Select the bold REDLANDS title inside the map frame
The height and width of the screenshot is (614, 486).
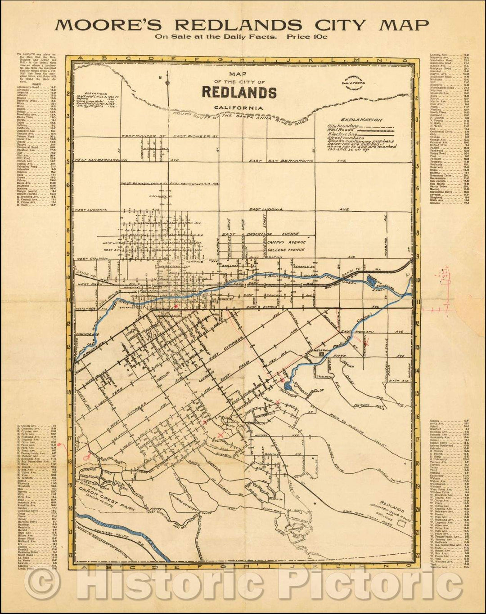pyautogui.click(x=239, y=92)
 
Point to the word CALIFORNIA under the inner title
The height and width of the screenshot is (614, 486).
pyautogui.click(x=238, y=107)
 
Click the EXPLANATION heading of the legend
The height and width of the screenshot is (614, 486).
pyautogui.click(x=361, y=120)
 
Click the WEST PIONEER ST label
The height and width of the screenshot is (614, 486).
pyautogui.click(x=138, y=136)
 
